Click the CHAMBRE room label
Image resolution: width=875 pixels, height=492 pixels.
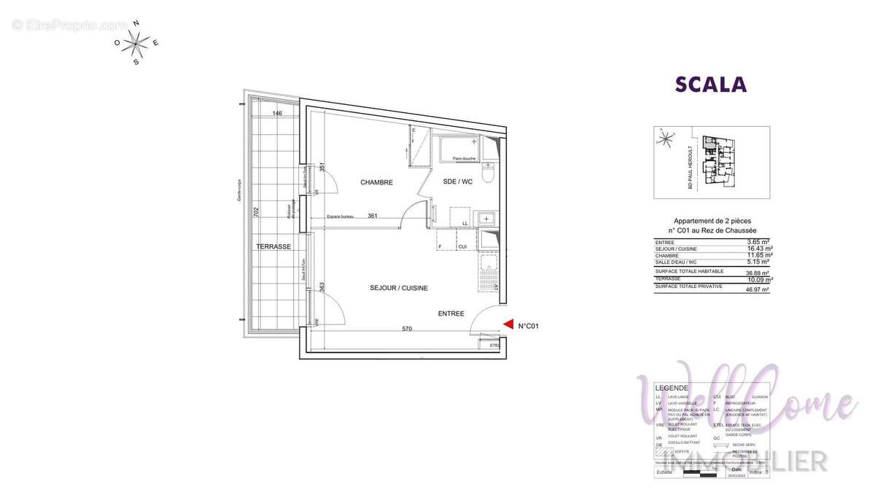click(376, 183)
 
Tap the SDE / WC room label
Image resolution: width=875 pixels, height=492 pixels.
click(458, 182)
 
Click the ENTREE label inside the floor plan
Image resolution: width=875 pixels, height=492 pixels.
click(451, 313)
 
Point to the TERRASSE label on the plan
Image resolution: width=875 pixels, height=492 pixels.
click(273, 246)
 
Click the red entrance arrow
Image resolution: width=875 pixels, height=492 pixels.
click(509, 326)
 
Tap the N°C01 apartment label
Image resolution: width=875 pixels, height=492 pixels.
click(528, 327)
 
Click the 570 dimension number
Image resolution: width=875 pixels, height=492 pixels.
click(407, 329)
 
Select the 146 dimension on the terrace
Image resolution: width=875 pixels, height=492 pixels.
click(277, 114)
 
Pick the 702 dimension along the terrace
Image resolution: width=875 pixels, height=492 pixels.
click(256, 212)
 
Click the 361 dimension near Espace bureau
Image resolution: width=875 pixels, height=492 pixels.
click(372, 216)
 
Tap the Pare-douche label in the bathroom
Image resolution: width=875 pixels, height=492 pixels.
click(464, 158)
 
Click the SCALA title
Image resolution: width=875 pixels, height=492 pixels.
click(711, 85)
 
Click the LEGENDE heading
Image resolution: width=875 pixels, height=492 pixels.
click(671, 388)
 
